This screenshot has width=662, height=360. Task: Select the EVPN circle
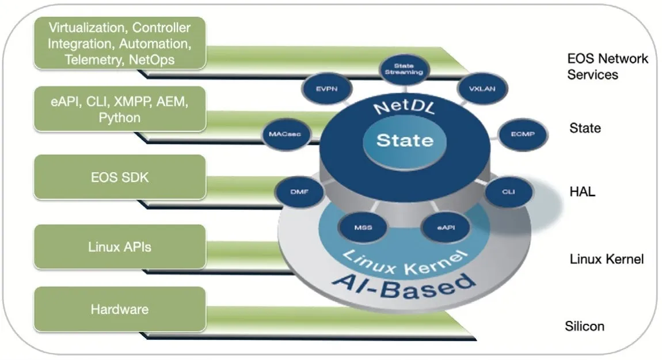322,89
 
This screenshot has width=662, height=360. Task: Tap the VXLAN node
478,89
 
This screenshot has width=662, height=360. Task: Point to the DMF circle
295,191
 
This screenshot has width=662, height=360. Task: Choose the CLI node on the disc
508,191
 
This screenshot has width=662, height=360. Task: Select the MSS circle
363,227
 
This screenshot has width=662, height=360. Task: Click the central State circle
405,140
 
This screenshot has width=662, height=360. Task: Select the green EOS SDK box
120,177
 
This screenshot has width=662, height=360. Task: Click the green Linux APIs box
120,247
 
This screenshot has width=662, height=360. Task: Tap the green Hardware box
120,309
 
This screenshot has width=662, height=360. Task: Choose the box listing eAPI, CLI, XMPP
120,109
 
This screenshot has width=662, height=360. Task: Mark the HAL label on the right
581,192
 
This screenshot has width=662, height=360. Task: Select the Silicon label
584,326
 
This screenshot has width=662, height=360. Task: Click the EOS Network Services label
607,66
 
